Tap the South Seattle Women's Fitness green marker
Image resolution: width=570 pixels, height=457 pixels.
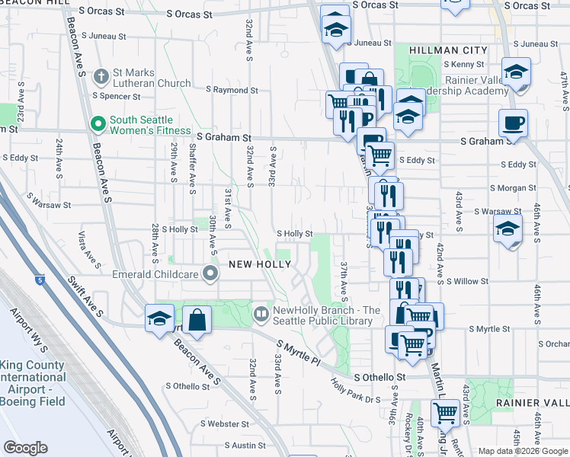pyautogui.click(x=98, y=123)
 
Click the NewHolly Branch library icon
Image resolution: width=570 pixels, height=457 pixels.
pyautogui.click(x=261, y=312)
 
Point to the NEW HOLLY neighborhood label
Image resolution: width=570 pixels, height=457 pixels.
pyautogui.click(x=260, y=264)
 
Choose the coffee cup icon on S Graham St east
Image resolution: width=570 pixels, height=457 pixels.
pyautogui.click(x=512, y=123)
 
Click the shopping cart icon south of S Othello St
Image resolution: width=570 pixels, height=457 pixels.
pyautogui.click(x=445, y=413)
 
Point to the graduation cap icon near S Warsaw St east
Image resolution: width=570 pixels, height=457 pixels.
pyautogui.click(x=508, y=228)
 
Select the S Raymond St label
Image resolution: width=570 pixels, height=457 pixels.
pyautogui.click(x=232, y=90)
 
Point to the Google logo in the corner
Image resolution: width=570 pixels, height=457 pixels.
pyautogui.click(x=25, y=448)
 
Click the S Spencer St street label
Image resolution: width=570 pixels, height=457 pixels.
pyautogui.click(x=116, y=97)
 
